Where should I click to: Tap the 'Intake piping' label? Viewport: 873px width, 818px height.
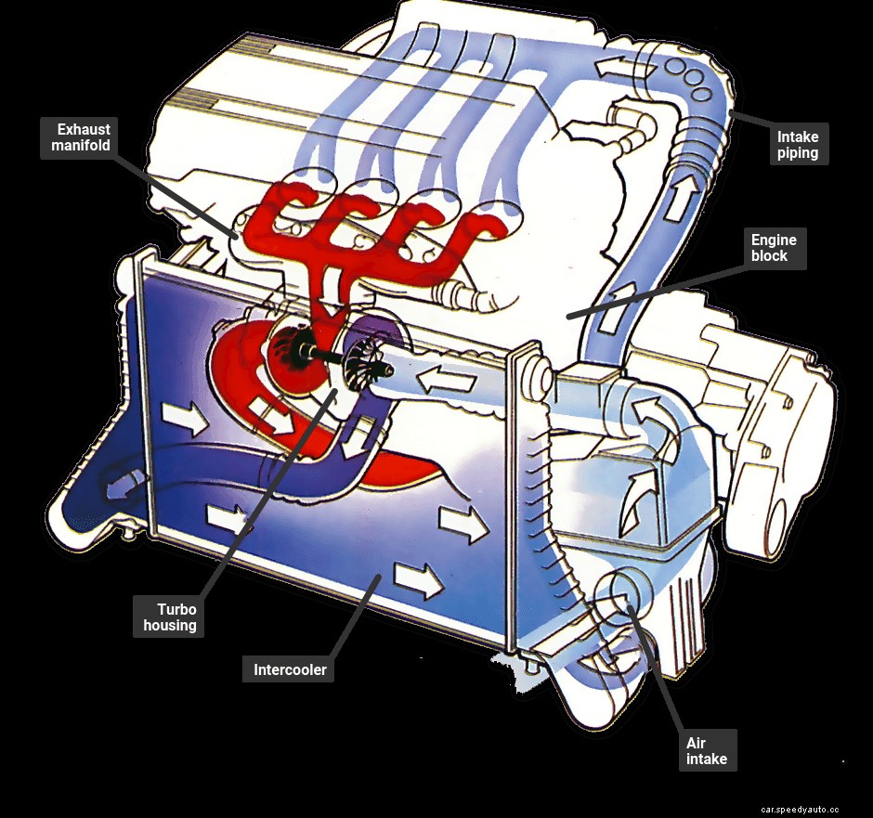coord(799,145)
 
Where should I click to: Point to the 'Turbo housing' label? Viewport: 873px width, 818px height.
coord(170,617)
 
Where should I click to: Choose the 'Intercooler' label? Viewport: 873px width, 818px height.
coord(290,669)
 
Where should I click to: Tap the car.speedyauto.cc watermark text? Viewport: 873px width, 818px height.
coord(799,809)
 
